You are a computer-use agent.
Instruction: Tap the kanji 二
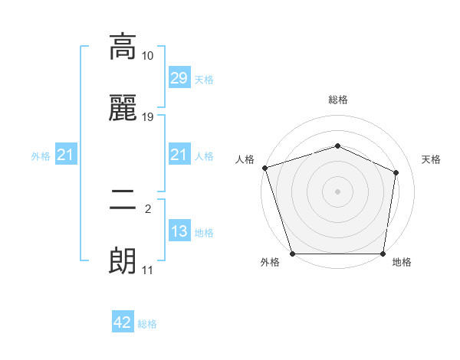click(x=123, y=201)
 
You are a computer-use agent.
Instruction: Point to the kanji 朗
click(x=123, y=261)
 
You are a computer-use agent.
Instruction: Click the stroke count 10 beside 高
click(x=148, y=56)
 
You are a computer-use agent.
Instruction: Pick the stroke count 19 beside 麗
click(x=148, y=116)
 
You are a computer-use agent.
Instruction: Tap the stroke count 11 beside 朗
click(x=148, y=270)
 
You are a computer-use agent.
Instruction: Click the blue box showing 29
click(x=179, y=78)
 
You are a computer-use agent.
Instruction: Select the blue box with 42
click(x=123, y=323)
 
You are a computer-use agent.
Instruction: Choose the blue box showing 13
click(x=179, y=232)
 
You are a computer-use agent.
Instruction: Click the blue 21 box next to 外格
click(x=66, y=156)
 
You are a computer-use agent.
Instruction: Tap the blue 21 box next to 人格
click(x=179, y=155)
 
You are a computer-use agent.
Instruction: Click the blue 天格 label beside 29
click(x=204, y=79)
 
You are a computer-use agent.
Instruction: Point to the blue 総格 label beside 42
click(x=147, y=324)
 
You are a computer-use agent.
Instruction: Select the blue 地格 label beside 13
click(x=204, y=233)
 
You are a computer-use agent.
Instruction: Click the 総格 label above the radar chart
click(x=338, y=100)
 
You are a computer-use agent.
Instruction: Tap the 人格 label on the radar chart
click(x=245, y=159)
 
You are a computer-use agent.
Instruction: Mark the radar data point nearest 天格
click(x=396, y=172)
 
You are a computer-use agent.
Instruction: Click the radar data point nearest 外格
click(x=293, y=254)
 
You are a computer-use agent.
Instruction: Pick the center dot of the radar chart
click(x=337, y=191)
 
